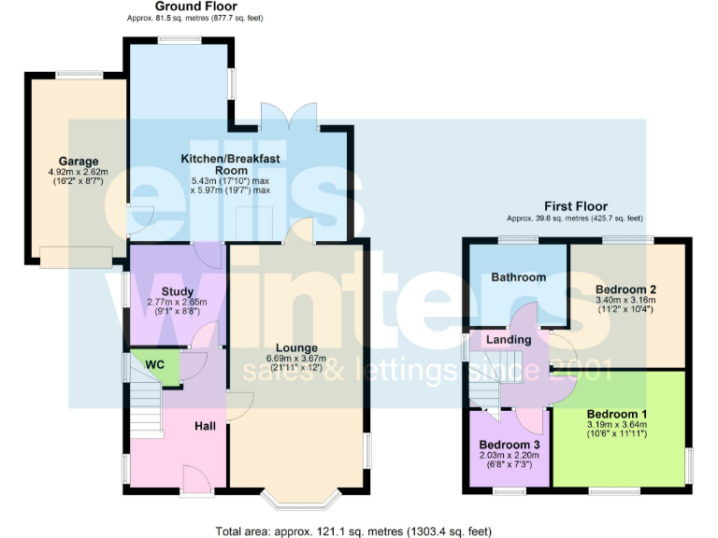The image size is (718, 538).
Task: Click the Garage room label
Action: pyautogui.click(x=79, y=162)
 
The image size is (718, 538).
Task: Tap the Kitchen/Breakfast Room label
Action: pyautogui.click(x=230, y=164)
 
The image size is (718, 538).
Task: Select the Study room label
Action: pyautogui.click(x=177, y=291)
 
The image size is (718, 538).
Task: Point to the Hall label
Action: pyautogui.click(x=205, y=426)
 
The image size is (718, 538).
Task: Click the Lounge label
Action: pyautogui.click(x=296, y=347)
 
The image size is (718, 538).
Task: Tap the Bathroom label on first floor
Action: pyautogui.click(x=519, y=277)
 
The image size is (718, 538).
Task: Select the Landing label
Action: pyautogui.click(x=509, y=340)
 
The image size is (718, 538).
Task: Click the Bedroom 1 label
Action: pyautogui.click(x=617, y=413)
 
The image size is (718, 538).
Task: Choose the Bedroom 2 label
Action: pyautogui.click(x=625, y=290)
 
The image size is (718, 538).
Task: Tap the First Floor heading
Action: pyautogui.click(x=575, y=206)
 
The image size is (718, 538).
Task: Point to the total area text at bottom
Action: pyautogui.click(x=352, y=531)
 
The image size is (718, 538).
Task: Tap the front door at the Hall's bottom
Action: pyautogui.click(x=196, y=480)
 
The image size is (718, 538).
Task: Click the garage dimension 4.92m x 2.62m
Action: pyautogui.click(x=79, y=173)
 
